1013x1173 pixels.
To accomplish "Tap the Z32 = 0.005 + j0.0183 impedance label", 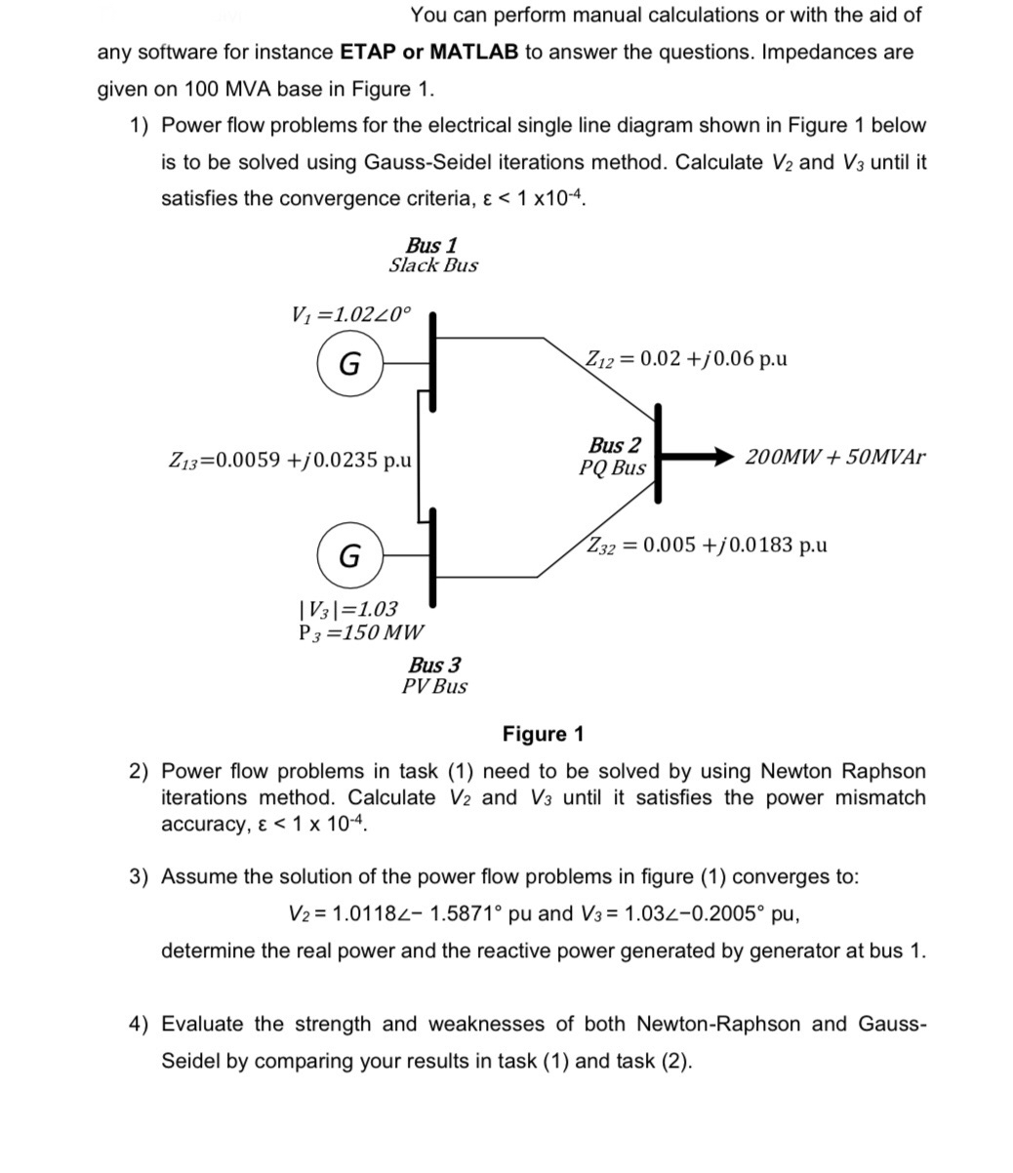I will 707,545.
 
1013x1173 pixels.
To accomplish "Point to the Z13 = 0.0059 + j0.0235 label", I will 291,459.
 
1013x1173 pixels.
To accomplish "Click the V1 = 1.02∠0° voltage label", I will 351,315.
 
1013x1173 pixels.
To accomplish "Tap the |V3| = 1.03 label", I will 347,609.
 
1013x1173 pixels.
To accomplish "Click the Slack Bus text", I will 433,265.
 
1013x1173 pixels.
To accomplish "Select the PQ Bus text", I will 612,467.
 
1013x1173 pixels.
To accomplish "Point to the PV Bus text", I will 434,686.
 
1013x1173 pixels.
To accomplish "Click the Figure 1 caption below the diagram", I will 543,734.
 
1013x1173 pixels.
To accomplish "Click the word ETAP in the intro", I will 368,52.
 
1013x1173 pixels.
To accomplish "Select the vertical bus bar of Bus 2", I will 660,453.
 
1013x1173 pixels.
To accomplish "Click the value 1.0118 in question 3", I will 364,913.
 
